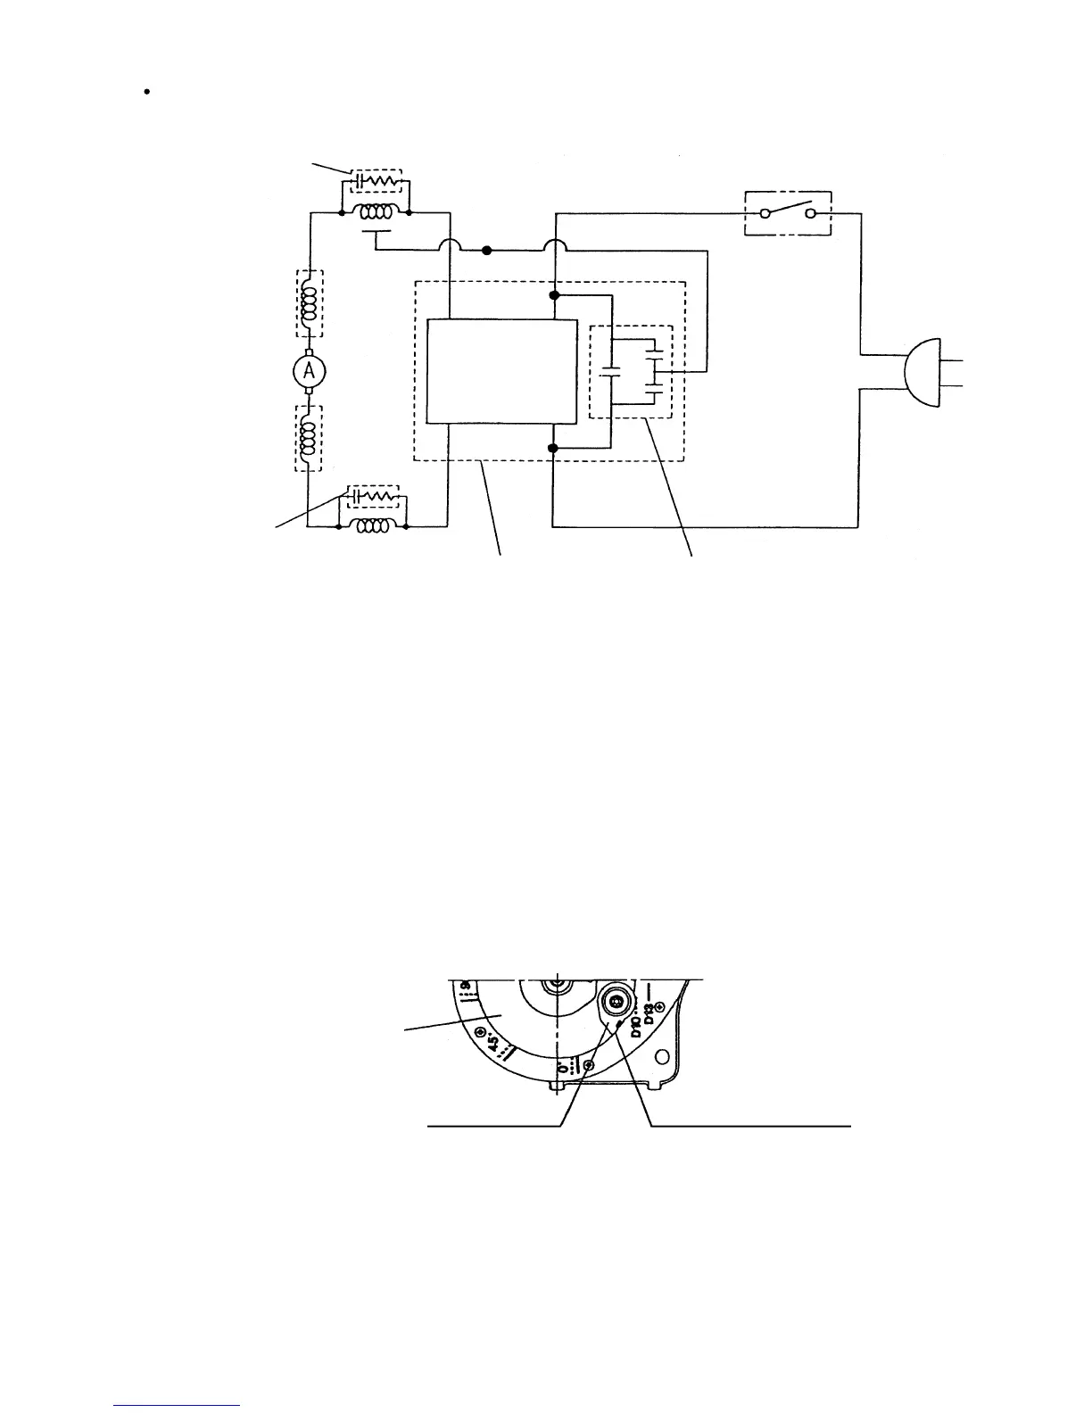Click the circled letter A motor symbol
click(x=309, y=370)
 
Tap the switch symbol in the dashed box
click(x=788, y=213)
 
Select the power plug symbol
click(x=923, y=372)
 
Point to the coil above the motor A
click(x=309, y=304)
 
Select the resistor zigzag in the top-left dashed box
click(x=387, y=179)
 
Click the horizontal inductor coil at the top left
click(x=375, y=213)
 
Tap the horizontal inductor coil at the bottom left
click(x=374, y=526)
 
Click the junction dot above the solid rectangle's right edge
click(x=554, y=294)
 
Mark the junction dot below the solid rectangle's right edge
click(x=554, y=448)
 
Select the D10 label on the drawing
click(x=635, y=1021)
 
